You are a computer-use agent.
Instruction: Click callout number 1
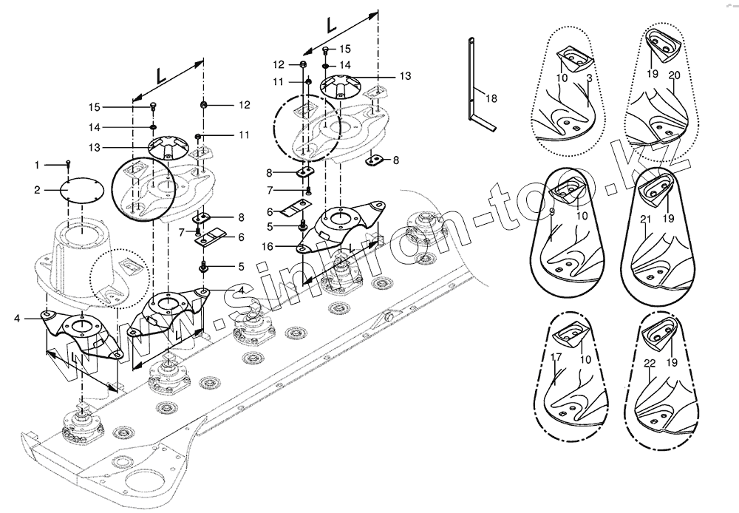coord(37,164)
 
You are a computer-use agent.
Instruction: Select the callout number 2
coord(37,191)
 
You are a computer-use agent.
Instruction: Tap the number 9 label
coord(552,213)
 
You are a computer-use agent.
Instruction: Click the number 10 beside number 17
coord(585,360)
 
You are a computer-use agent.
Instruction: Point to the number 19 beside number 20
coord(653,75)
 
